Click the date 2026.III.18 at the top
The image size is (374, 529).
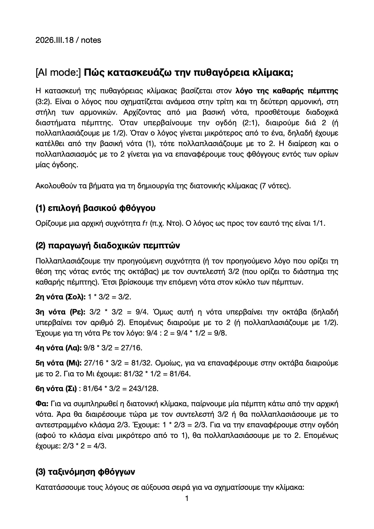55,40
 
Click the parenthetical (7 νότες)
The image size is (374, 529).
275,186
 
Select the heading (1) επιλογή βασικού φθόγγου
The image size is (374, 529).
95,208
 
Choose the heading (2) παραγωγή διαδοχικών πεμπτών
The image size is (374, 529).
108,246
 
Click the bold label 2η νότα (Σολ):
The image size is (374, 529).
61,297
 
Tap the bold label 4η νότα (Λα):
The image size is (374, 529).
59,348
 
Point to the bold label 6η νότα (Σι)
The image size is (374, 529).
56,388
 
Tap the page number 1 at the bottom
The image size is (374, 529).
187,498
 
